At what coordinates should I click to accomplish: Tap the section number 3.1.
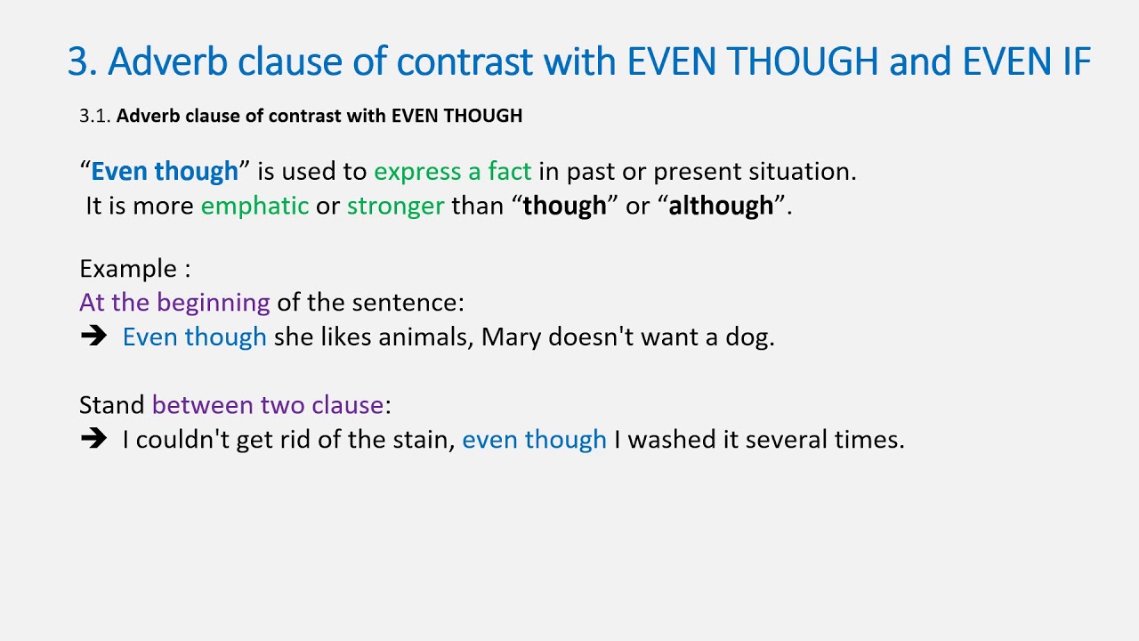(94, 116)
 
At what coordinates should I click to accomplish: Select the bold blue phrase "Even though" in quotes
(165, 171)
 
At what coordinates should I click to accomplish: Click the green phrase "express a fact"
(452, 171)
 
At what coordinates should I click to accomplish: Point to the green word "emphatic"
(254, 206)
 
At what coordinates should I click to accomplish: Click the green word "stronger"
(395, 206)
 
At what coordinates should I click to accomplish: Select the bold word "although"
(721, 206)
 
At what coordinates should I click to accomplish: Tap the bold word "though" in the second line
(564, 206)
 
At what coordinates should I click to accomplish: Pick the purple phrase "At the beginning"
(174, 303)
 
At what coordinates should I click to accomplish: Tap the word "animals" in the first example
(425, 337)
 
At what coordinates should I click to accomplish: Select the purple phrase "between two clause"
(268, 406)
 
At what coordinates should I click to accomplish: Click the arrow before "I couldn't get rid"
(93, 440)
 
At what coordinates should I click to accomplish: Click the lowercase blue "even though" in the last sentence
(534, 440)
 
